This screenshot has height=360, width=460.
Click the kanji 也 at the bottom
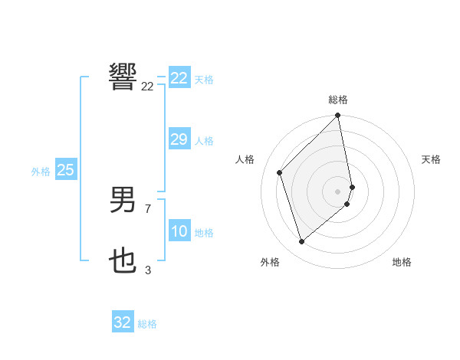pyautogui.click(x=123, y=261)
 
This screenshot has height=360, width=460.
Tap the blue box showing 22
pyautogui.click(x=179, y=78)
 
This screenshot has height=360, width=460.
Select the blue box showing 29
pyautogui.click(x=179, y=139)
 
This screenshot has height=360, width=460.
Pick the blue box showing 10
pyautogui.click(x=179, y=231)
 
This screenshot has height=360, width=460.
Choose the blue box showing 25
pyautogui.click(x=65, y=170)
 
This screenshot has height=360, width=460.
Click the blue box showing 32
pyautogui.click(x=122, y=322)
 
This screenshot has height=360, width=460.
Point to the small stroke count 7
pyautogui.click(x=148, y=208)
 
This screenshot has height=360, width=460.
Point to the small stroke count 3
pyautogui.click(x=148, y=270)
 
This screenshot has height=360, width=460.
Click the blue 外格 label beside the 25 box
pyautogui.click(x=41, y=172)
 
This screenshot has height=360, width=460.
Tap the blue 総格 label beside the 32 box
pyautogui.click(x=147, y=324)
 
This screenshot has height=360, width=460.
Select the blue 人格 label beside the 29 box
pyautogui.click(x=204, y=141)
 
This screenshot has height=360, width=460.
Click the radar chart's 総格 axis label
pyautogui.click(x=338, y=100)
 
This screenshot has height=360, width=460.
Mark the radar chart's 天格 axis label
pyautogui.click(x=432, y=159)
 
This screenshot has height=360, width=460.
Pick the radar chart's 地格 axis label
pyautogui.click(x=402, y=262)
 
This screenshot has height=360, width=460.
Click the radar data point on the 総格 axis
pyautogui.click(x=338, y=116)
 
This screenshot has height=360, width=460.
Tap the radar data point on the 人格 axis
pyautogui.click(x=280, y=172)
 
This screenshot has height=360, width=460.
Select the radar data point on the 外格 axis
pyautogui.click(x=302, y=241)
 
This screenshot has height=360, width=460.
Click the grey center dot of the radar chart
pyautogui.click(x=338, y=191)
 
